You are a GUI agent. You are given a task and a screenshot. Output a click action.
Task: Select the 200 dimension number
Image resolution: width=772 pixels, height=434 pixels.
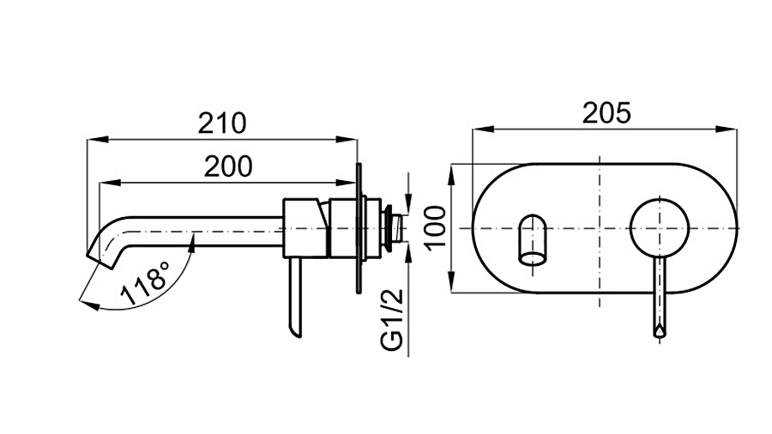tap(228, 166)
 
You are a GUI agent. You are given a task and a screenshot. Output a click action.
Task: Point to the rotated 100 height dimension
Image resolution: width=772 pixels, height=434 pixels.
tap(437, 228)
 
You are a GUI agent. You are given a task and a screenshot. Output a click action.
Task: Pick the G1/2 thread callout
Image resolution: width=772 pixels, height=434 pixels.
tap(392, 320)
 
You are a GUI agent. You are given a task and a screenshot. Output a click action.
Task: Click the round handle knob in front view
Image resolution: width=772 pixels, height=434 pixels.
tap(660, 229)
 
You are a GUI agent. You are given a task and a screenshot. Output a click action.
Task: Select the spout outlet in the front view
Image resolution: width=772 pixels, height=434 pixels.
tap(533, 239)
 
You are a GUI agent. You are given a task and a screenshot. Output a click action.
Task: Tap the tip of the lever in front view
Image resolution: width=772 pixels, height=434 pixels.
tap(660, 332)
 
